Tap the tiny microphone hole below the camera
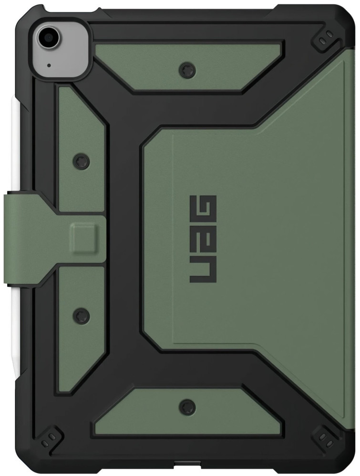click(49, 65)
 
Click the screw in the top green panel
click(187, 70)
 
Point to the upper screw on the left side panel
click(82, 161)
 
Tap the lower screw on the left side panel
click(82, 315)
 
